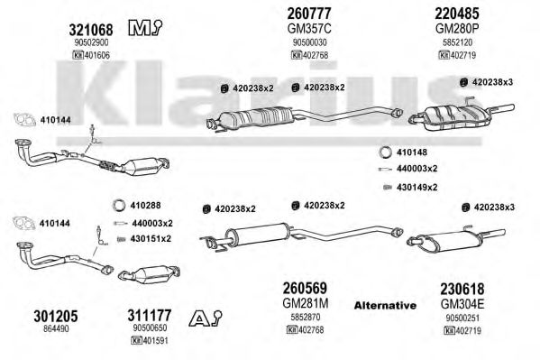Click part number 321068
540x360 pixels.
pyautogui.click(x=91, y=30)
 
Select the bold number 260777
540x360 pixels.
pyautogui.click(x=309, y=14)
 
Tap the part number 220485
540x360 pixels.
pyautogui.click(x=457, y=14)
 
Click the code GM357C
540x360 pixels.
pyautogui.click(x=309, y=29)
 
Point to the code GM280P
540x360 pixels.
pyautogui.click(x=457, y=29)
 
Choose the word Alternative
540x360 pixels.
pyautogui.click(x=385, y=305)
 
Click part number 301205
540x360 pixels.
pyautogui.click(x=56, y=316)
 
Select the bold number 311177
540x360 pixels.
pyautogui.click(x=149, y=315)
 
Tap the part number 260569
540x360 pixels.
pyautogui.click(x=305, y=289)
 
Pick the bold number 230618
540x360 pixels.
pyautogui.click(x=462, y=289)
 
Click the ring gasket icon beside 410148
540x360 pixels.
pyautogui.click(x=385, y=152)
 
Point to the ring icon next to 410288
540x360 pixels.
pyautogui.click(x=119, y=205)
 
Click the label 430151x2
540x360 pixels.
pyautogui.click(x=151, y=238)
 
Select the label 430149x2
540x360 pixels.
pyautogui.click(x=417, y=188)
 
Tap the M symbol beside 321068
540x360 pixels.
pyautogui.click(x=145, y=28)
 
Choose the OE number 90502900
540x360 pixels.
pyautogui.click(x=91, y=42)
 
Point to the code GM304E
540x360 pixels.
pyautogui.click(x=462, y=304)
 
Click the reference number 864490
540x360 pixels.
pyautogui.click(x=56, y=329)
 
